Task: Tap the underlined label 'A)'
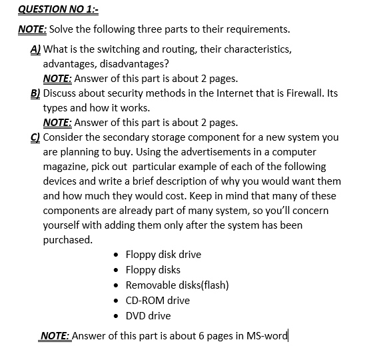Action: tap(36, 49)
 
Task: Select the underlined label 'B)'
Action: tap(36, 93)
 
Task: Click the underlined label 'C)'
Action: tap(36, 137)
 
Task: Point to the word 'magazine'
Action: tap(65, 167)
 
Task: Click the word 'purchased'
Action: tap(67, 240)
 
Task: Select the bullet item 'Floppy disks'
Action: tap(153, 269)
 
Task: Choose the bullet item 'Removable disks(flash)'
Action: tap(177, 285)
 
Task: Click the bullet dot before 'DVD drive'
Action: tap(117, 315)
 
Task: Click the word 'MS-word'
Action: tap(267, 335)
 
